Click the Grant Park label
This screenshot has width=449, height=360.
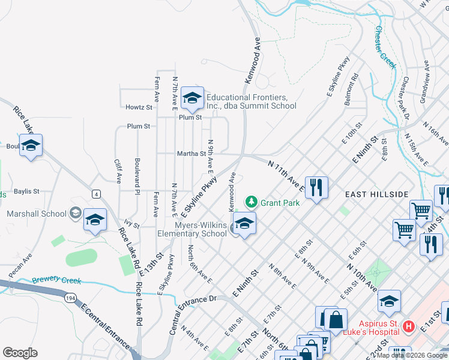(280, 203)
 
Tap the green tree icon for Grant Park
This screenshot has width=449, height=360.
(252, 202)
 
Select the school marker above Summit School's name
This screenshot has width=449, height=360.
(192, 98)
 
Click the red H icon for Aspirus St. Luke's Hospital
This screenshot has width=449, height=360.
(409, 326)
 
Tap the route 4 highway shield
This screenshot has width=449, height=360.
(96, 193)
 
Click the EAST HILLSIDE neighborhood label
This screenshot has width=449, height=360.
(376, 194)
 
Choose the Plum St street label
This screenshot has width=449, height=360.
(138, 127)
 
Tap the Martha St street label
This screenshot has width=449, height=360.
(191, 154)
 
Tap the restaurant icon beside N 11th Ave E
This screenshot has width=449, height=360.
(316, 186)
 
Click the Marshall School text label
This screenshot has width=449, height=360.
(37, 214)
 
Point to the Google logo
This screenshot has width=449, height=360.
(20, 353)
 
